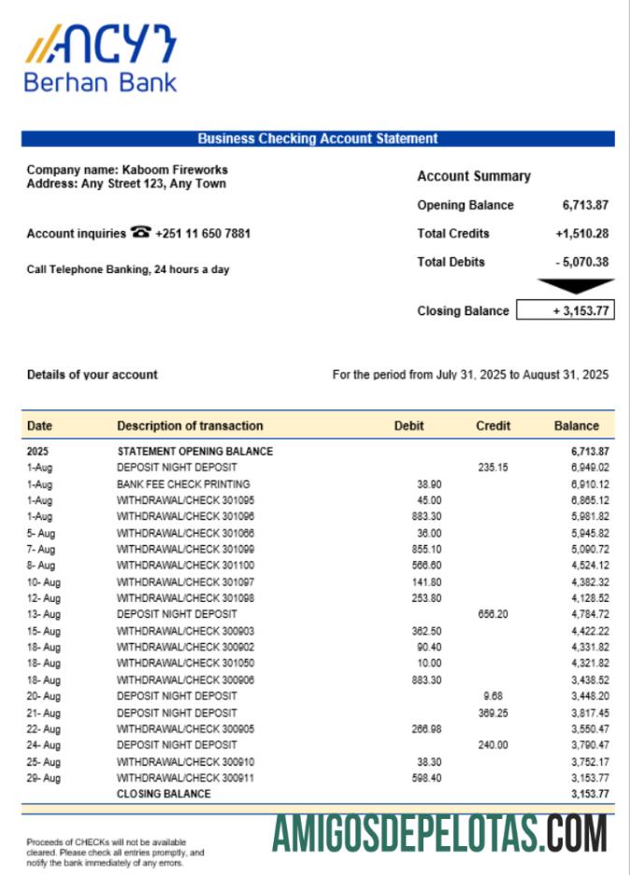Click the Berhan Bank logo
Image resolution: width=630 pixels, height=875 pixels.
click(100, 59)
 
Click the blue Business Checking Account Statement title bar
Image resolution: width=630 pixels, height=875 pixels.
click(318, 138)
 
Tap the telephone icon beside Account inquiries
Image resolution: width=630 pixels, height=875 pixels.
click(141, 233)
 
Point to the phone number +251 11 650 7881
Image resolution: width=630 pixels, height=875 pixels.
click(203, 234)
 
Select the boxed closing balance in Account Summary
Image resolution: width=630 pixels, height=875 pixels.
click(566, 311)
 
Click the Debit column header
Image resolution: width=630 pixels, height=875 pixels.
click(408, 425)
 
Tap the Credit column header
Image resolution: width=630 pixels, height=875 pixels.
click(493, 425)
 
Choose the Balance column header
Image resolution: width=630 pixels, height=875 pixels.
click(576, 425)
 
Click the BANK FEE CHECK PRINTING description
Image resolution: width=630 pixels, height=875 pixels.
click(183, 483)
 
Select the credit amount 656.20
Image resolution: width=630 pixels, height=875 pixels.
click(493, 614)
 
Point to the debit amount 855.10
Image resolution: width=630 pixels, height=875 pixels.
click(426, 549)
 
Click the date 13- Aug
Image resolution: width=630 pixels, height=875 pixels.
click(44, 614)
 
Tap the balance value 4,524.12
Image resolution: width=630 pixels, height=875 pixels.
click(589, 565)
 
